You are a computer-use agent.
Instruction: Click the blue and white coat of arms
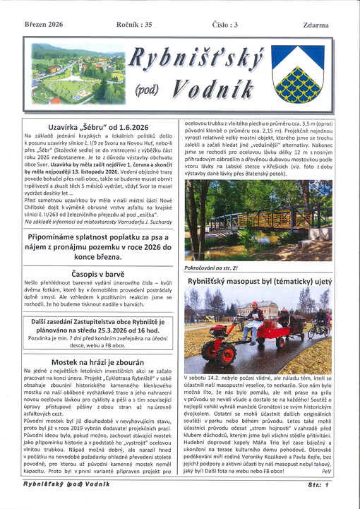[296, 73]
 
